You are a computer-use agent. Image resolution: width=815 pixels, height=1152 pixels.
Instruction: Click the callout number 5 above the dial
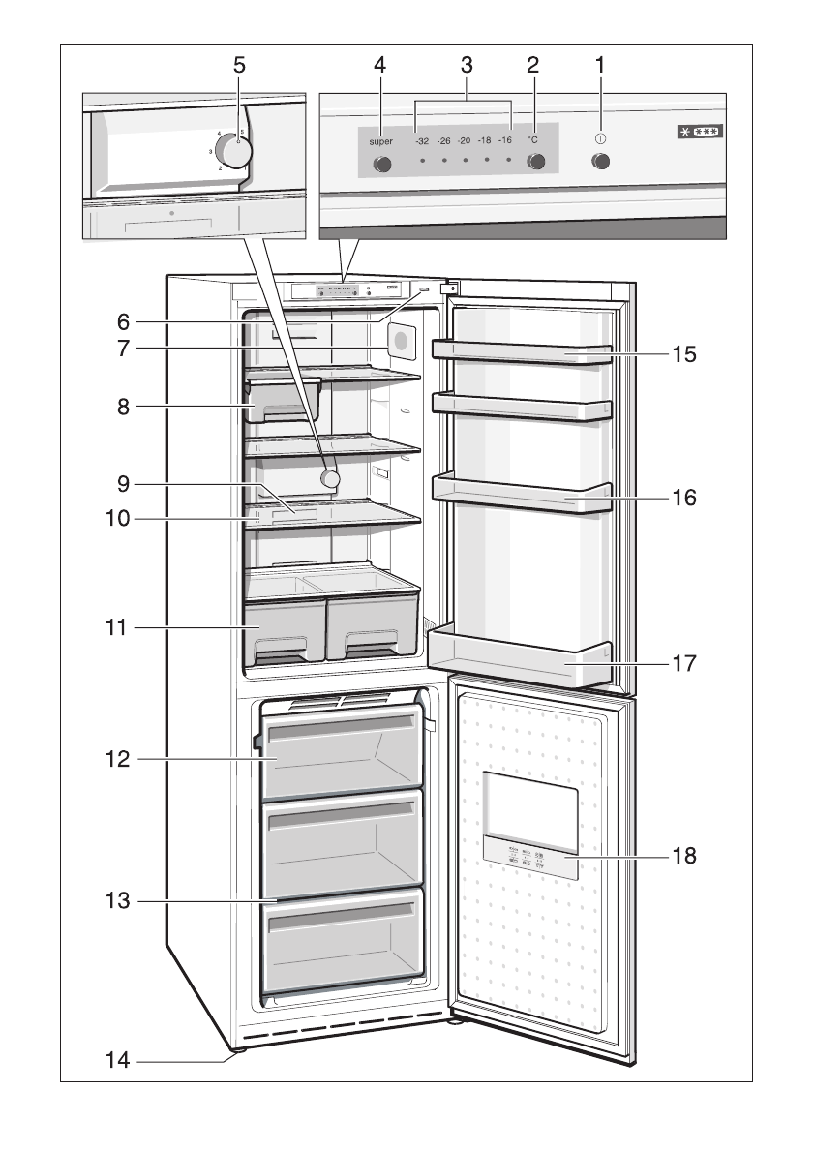pyautogui.click(x=239, y=65)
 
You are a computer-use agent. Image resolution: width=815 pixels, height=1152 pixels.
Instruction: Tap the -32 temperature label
pyautogui.click(x=422, y=140)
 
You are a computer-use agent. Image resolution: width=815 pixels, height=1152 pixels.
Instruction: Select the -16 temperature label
pyautogui.click(x=504, y=140)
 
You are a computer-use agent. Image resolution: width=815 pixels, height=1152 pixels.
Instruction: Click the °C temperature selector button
pyautogui.click(x=535, y=163)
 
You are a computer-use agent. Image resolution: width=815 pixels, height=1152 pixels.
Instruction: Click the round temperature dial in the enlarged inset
pyautogui.click(x=232, y=150)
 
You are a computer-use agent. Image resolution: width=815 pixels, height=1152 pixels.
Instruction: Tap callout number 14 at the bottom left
pyautogui.click(x=118, y=1060)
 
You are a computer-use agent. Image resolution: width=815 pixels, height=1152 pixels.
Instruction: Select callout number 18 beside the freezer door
pyautogui.click(x=684, y=856)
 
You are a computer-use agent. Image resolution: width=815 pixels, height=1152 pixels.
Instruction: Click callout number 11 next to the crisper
pyautogui.click(x=118, y=628)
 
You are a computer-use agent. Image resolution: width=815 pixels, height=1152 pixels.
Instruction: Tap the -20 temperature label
pyautogui.click(x=464, y=140)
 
